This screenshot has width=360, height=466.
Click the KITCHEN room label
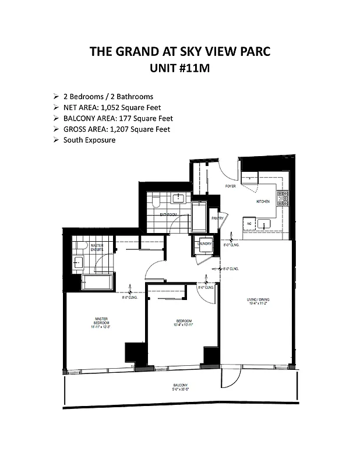click(x=263, y=202)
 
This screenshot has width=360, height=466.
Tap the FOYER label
click(x=231, y=186)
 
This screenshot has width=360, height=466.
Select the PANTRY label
click(x=217, y=218)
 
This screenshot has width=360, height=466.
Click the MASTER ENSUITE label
click(x=97, y=248)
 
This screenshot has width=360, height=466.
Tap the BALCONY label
click(x=180, y=386)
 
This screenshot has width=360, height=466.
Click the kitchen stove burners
click(x=282, y=199)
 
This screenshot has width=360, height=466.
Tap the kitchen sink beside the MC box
click(x=264, y=224)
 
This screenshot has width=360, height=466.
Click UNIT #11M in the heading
click(x=179, y=68)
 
